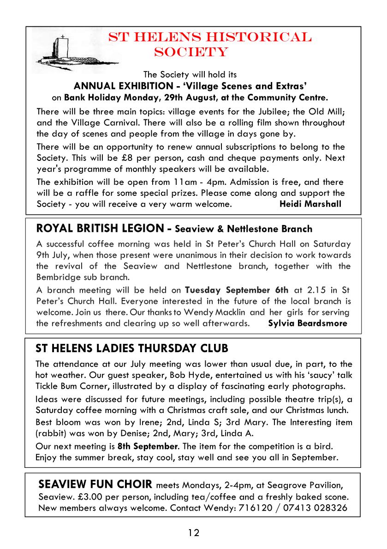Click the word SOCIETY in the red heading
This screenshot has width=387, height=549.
191,52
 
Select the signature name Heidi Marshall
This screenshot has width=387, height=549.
310,204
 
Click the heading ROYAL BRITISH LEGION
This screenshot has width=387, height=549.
99,228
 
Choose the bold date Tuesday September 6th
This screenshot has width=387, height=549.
237,290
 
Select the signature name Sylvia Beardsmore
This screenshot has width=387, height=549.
307,323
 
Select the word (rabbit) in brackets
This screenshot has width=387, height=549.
53,434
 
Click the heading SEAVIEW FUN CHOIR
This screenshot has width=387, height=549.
95,485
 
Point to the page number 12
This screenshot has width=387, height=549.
194,533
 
